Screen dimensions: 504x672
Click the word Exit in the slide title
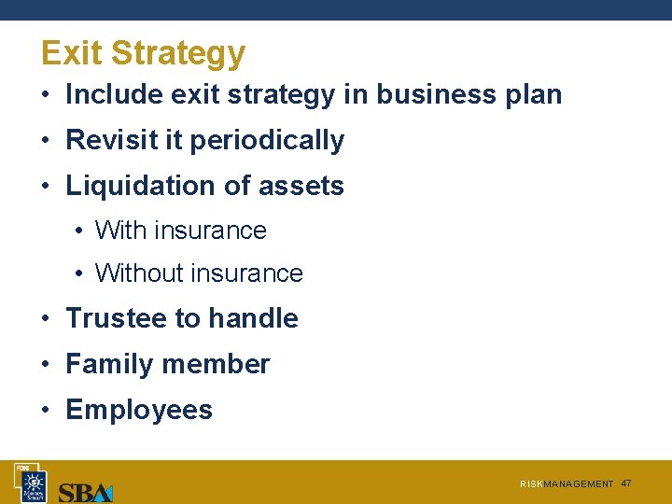coord(72,53)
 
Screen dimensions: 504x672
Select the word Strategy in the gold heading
coord(178,54)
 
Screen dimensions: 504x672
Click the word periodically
coord(267,141)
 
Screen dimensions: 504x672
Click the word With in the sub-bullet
coord(121,231)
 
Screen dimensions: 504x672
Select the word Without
coord(139,273)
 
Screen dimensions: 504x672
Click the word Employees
coord(139,411)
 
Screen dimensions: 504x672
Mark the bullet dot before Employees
coord(46,411)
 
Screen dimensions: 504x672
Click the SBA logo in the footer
coord(85,491)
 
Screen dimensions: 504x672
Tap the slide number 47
coord(626,483)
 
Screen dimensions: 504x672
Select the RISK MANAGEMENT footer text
coord(567,484)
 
